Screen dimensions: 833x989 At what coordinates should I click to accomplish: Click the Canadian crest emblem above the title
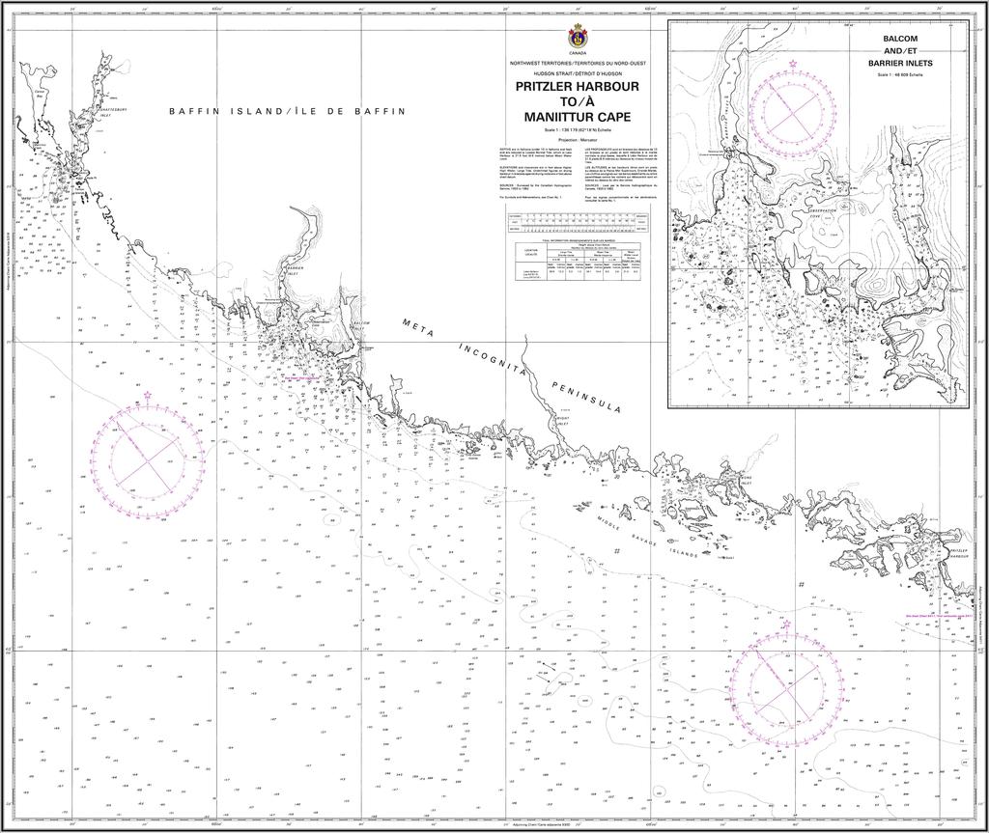(x=579, y=37)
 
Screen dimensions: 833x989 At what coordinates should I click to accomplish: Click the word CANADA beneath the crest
(x=579, y=53)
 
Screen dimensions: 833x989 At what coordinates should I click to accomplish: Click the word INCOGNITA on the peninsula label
(x=494, y=361)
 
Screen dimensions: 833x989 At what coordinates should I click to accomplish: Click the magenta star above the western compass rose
(x=148, y=395)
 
